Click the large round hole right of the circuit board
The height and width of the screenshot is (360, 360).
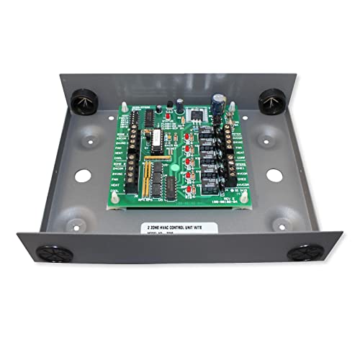(x=272, y=174)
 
